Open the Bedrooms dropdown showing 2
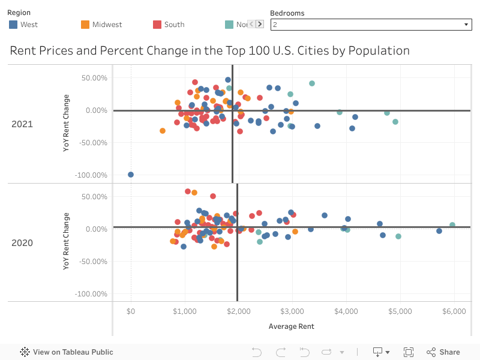[370, 25]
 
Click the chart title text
[209, 50]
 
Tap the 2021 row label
[22, 124]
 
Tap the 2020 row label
[22, 243]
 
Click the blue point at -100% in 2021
[131, 175]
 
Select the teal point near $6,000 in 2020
[452, 225]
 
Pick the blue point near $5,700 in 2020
[439, 231]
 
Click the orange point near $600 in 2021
[163, 131]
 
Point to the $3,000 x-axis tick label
[292, 311]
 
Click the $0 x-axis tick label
[131, 311]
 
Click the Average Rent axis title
[292, 326]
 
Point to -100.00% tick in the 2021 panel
[91, 175]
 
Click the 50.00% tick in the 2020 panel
[94, 197]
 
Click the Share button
[443, 352]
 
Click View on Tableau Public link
[67, 352]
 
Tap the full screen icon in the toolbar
[409, 352]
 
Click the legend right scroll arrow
[259, 25]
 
